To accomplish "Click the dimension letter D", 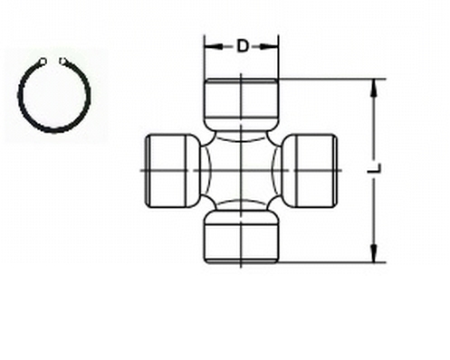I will coord(242,46).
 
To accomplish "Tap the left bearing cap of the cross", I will coord(171,169).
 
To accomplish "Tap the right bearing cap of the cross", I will coord(311,169).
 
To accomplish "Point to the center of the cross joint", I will coord(241,169).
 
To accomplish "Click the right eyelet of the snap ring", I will coord(63,62).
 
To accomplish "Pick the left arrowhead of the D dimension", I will coord(209,46).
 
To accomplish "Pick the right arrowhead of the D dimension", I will coord(273,46).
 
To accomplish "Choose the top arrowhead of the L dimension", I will coord(372,84).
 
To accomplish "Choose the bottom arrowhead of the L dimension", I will coord(372,257).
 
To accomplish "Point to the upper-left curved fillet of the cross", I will coord(208,140).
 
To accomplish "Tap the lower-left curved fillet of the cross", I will coord(208,199).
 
